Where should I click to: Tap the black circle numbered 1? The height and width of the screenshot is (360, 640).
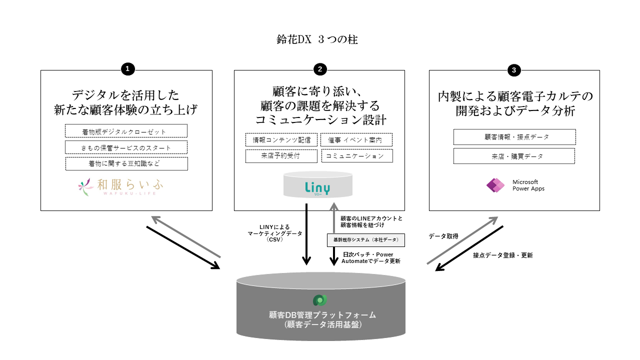(128, 69)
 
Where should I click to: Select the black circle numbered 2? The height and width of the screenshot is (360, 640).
(320, 69)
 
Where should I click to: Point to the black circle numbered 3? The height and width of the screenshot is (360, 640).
(513, 70)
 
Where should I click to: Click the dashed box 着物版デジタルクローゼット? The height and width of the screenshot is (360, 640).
(126, 131)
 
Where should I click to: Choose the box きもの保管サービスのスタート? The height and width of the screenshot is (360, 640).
(126, 147)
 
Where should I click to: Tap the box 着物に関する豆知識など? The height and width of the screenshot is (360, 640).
(126, 163)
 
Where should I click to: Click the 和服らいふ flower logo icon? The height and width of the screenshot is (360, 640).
(85, 186)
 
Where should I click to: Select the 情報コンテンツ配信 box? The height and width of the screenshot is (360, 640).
(281, 140)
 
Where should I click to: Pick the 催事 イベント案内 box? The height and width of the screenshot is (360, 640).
(356, 140)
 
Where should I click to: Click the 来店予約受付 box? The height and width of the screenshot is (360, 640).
(281, 156)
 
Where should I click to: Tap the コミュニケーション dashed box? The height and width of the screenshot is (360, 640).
(356, 156)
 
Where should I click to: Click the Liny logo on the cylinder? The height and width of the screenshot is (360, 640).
(317, 187)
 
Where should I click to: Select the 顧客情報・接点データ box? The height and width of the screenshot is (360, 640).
(514, 137)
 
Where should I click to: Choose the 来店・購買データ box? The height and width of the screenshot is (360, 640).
(514, 156)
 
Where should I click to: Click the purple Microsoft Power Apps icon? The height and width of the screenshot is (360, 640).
(495, 185)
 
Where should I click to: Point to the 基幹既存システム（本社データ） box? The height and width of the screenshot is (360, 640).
(365, 240)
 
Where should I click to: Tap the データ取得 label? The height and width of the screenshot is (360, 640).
(443, 236)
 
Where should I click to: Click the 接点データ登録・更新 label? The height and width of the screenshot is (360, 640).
(503, 255)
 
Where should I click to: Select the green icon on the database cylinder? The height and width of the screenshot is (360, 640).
(320, 300)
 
